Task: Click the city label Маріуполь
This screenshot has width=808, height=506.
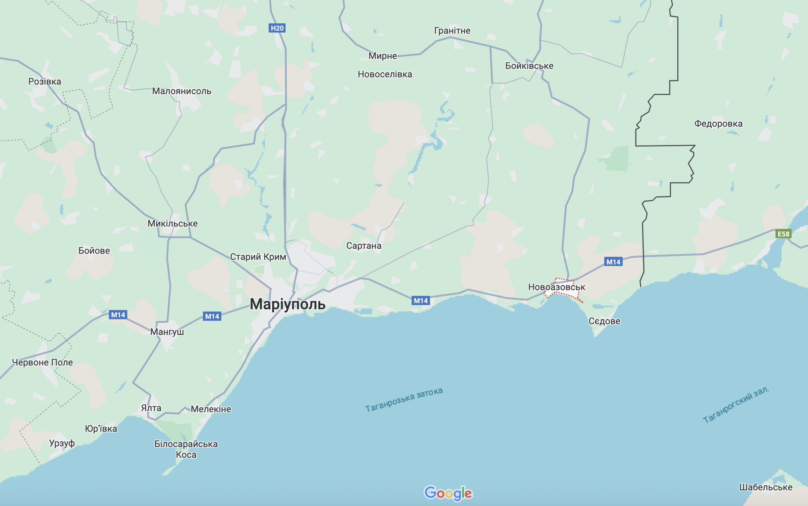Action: pyautogui.click(x=287, y=304)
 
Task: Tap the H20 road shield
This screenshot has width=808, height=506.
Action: pyautogui.click(x=277, y=28)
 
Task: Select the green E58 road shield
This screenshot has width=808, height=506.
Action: pyautogui.click(x=783, y=234)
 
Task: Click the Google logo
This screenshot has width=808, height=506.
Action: pyautogui.click(x=448, y=493)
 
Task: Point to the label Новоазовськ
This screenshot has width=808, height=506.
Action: pyautogui.click(x=556, y=287)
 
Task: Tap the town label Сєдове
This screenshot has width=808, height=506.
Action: pyautogui.click(x=604, y=321)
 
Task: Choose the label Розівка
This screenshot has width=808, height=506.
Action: pyautogui.click(x=45, y=81)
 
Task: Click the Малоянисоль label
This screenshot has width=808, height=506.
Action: pyautogui.click(x=181, y=91)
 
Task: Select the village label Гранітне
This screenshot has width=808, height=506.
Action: pyautogui.click(x=452, y=30)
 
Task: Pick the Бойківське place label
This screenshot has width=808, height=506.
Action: pyautogui.click(x=529, y=66)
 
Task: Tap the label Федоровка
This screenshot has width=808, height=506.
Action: pyautogui.click(x=718, y=123)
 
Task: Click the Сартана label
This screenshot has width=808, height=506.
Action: pyautogui.click(x=364, y=246)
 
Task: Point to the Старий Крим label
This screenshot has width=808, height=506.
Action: pyautogui.click(x=258, y=257)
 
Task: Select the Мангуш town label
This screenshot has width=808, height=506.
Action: pyautogui.click(x=167, y=332)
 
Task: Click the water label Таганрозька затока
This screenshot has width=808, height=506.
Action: pyautogui.click(x=404, y=399)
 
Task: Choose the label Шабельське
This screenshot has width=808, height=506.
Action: pyautogui.click(x=766, y=487)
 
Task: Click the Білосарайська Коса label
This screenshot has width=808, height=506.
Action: pyautogui.click(x=186, y=449)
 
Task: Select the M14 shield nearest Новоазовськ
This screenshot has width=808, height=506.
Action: pyautogui.click(x=613, y=262)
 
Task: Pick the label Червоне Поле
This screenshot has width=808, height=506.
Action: pyautogui.click(x=42, y=362)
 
